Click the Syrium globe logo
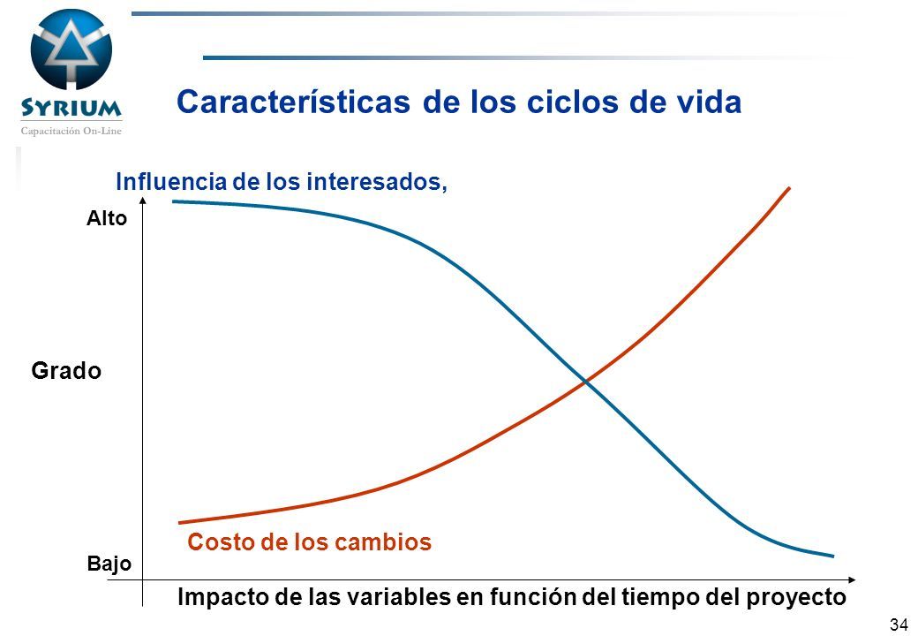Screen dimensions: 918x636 (x=71, y=49)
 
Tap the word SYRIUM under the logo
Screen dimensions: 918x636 (x=71, y=108)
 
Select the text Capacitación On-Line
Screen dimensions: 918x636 (x=71, y=132)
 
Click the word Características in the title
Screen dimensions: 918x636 (x=293, y=102)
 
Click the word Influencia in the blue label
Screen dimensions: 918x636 (x=171, y=182)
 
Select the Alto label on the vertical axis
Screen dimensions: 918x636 (x=107, y=218)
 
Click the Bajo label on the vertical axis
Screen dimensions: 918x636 (x=109, y=564)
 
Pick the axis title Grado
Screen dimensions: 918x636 (x=66, y=371)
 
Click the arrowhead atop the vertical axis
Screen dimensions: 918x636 (x=143, y=201)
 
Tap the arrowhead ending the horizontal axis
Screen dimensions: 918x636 (x=852, y=579)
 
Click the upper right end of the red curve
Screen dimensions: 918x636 (x=790, y=188)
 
